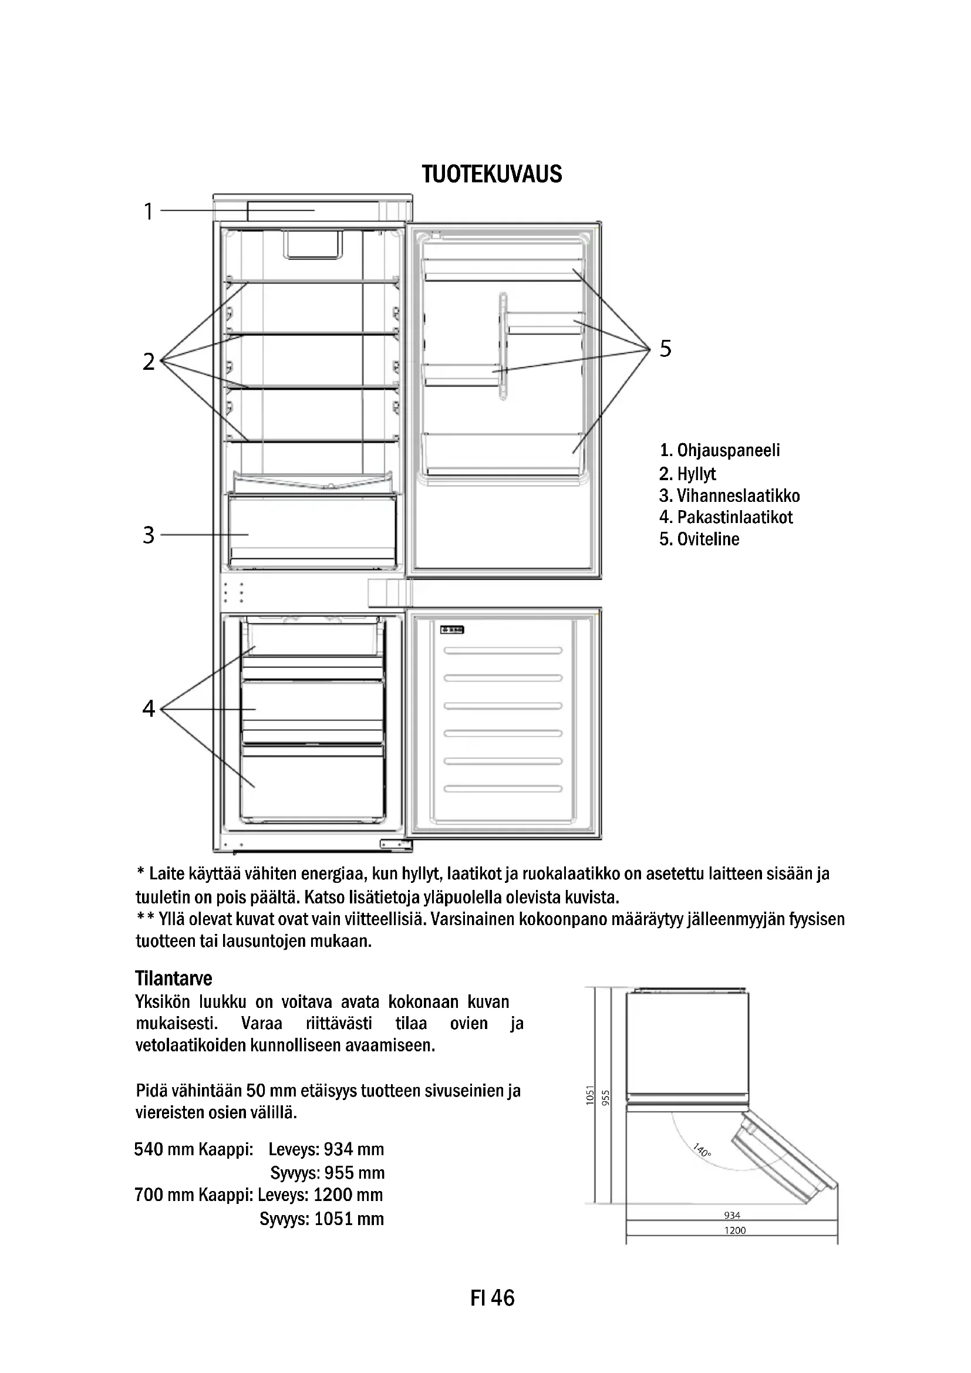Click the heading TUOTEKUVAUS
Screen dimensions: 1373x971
(491, 174)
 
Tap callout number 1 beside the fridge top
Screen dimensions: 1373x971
(149, 211)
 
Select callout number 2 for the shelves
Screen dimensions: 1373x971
(149, 361)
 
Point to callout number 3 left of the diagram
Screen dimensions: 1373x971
(149, 535)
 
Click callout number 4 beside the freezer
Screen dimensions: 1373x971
(149, 708)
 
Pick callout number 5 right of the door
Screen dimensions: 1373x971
(666, 348)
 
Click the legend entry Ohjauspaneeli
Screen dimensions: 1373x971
(720, 450)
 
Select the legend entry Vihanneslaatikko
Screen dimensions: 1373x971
(730, 496)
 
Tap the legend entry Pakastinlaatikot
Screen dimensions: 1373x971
(726, 517)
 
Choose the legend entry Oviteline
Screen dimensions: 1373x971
(700, 539)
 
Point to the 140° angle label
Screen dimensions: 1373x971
(702, 1149)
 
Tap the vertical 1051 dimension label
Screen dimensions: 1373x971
(589, 1095)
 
